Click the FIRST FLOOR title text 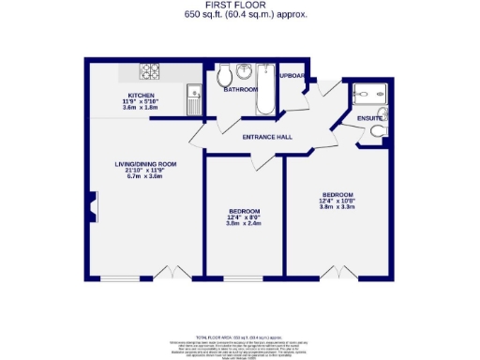pyautogui.click(x=240, y=6)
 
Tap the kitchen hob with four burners pyautogui.click(x=151, y=70)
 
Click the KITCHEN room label pyautogui.click(x=141, y=95)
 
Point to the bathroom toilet pyautogui.click(x=223, y=76)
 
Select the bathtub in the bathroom pyautogui.click(x=265, y=89)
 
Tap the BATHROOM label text pyautogui.click(x=241, y=91)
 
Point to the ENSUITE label pyautogui.click(x=369, y=119)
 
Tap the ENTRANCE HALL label pyautogui.click(x=267, y=138)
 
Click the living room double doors pyautogui.click(x=169, y=273)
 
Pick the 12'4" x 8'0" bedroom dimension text pyautogui.click(x=243, y=217)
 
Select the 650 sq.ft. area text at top pyautogui.click(x=240, y=16)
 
